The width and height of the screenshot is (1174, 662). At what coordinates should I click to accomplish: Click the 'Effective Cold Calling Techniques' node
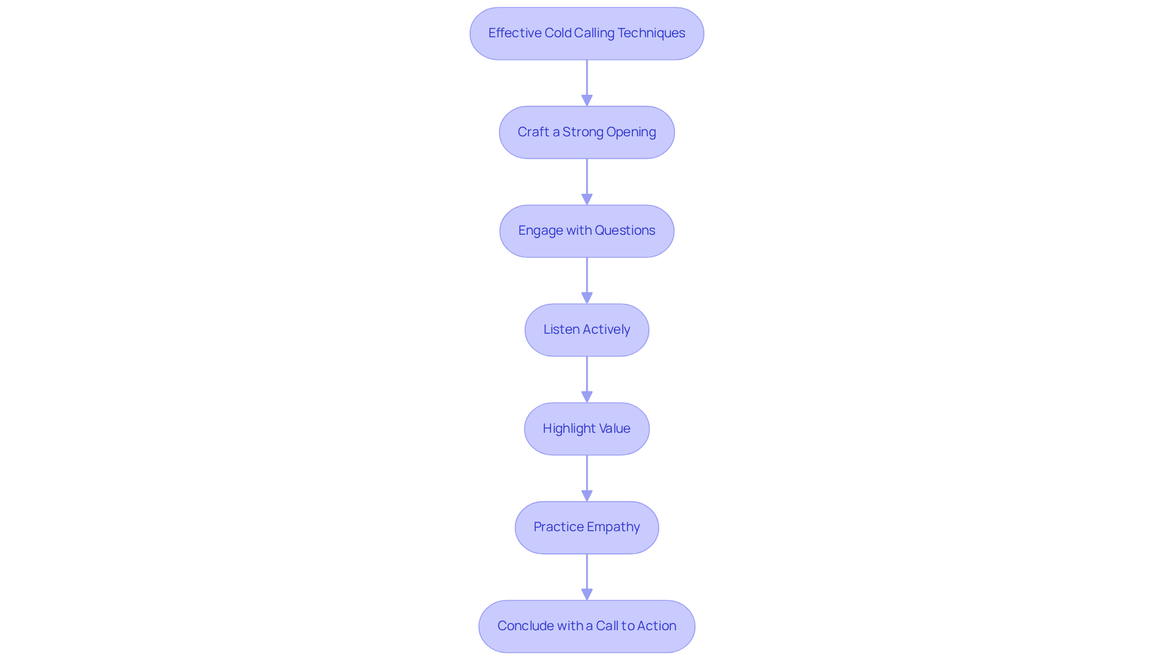[587, 34]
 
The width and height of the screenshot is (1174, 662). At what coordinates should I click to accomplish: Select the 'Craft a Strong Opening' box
[587, 133]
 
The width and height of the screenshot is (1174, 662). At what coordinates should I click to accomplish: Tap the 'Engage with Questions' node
[587, 231]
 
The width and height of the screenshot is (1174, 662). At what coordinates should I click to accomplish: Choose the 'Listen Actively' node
[587, 330]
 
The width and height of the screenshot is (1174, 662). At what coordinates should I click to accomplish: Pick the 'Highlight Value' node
[587, 428]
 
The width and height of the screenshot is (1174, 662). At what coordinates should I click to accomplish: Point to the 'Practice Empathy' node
[587, 528]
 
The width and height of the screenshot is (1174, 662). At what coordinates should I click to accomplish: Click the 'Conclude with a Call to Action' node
[587, 627]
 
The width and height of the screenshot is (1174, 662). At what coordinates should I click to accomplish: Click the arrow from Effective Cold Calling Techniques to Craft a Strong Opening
[587, 83]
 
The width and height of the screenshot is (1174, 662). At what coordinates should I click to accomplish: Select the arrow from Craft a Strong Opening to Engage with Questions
[587, 182]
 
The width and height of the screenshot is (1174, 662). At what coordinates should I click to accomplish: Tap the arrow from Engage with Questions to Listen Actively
[587, 281]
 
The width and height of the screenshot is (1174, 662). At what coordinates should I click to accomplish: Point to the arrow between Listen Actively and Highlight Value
[587, 380]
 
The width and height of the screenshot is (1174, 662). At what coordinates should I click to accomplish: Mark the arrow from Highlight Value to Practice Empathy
[587, 479]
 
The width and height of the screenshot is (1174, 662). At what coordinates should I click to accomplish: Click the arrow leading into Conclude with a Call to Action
[587, 577]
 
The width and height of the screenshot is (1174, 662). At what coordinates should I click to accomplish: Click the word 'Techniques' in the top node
[651, 33]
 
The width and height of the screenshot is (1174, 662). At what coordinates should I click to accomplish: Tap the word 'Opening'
[631, 133]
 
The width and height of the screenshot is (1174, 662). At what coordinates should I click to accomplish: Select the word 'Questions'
[625, 230]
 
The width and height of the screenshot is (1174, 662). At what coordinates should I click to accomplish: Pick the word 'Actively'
[606, 330]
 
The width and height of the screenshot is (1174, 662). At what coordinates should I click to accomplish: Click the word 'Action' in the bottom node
[657, 626]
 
